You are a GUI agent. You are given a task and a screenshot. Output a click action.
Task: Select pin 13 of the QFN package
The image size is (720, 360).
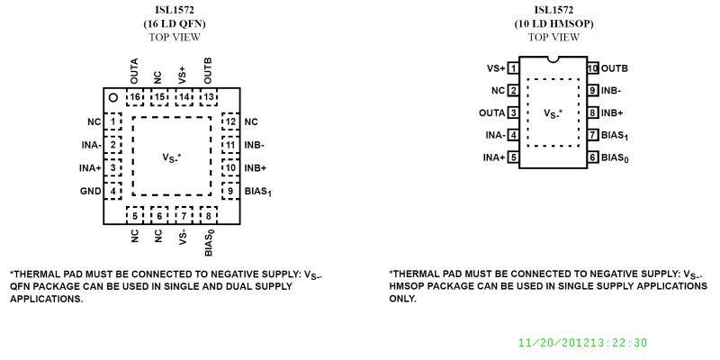[x=208, y=97]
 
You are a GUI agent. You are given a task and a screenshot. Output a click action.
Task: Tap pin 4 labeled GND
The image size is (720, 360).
[x=113, y=191]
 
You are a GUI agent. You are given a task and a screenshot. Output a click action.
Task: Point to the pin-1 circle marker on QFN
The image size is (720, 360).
[x=113, y=97]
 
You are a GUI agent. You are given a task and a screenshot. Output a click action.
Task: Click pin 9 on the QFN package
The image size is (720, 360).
[x=230, y=191]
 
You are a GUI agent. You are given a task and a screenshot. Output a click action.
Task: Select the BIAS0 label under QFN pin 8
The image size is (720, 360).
[x=208, y=242]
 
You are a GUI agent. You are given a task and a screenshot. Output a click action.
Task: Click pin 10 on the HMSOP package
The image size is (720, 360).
[x=593, y=67]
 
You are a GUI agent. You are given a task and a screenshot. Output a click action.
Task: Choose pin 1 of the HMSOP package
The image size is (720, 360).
[x=513, y=67]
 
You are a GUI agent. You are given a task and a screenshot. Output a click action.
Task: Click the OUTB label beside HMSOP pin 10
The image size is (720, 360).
[x=615, y=67]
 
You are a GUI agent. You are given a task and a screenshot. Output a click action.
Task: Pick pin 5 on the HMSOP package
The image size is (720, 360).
[x=513, y=157]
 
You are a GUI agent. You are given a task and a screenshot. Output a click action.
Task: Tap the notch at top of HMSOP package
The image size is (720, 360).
[x=553, y=60]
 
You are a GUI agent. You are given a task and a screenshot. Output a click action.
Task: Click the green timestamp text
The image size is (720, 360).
[x=582, y=343]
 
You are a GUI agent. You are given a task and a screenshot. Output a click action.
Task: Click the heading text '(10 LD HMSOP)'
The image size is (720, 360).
[x=553, y=23]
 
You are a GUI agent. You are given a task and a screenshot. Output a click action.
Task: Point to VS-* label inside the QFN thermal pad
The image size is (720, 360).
[x=172, y=157]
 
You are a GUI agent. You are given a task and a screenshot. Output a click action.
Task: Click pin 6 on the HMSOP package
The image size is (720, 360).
[x=593, y=157]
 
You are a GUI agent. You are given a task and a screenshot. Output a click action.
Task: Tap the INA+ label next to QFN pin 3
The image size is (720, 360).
[x=91, y=167]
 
